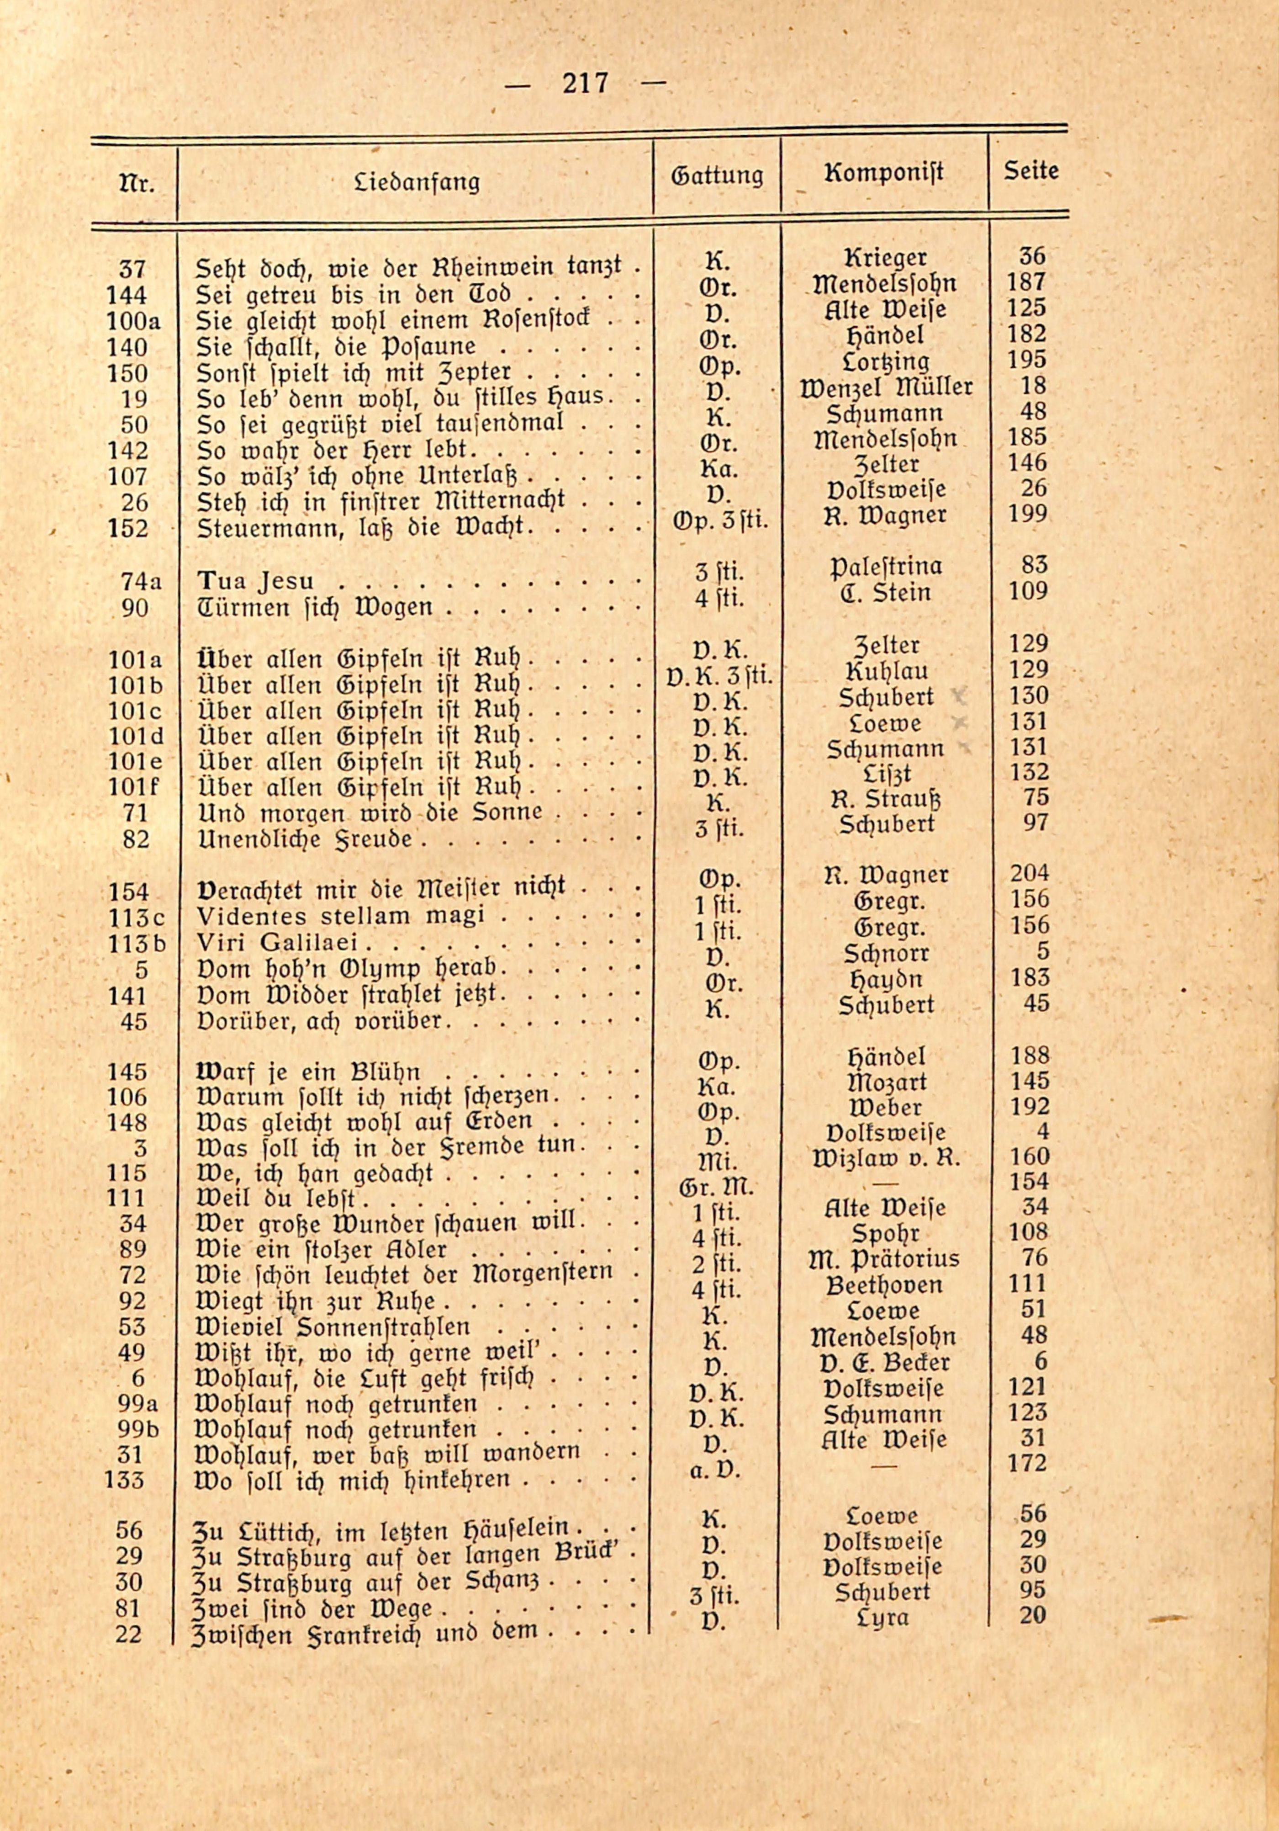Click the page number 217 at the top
[585, 83]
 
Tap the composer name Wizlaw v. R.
[885, 1157]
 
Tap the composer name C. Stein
[885, 593]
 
